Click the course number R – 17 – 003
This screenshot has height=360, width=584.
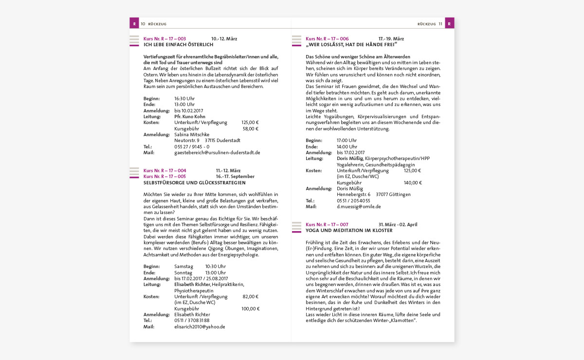[x=164, y=38]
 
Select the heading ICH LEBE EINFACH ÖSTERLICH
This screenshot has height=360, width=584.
[x=178, y=44]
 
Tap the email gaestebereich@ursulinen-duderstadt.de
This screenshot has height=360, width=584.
[x=217, y=152]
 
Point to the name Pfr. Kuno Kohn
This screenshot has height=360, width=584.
[x=190, y=117]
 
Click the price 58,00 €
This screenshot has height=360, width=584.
[x=251, y=129]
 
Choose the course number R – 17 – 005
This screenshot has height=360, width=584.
[x=164, y=177]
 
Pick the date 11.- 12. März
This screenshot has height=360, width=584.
[x=228, y=171]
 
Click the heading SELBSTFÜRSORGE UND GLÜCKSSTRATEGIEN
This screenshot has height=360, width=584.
[x=195, y=183]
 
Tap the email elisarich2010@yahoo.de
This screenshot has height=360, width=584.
[x=200, y=327]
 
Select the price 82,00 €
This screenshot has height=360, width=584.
[x=251, y=296]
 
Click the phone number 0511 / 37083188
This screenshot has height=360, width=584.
[x=192, y=321]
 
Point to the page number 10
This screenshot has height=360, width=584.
[x=143, y=23]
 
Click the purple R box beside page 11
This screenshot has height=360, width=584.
[x=449, y=23]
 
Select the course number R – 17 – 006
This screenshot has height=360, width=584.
[x=327, y=38]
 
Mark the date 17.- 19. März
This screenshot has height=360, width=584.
[x=391, y=38]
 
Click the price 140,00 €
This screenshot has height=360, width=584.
[x=413, y=182]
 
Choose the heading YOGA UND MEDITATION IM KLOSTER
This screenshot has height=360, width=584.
[x=349, y=231]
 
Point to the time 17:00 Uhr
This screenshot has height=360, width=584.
[x=347, y=141]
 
